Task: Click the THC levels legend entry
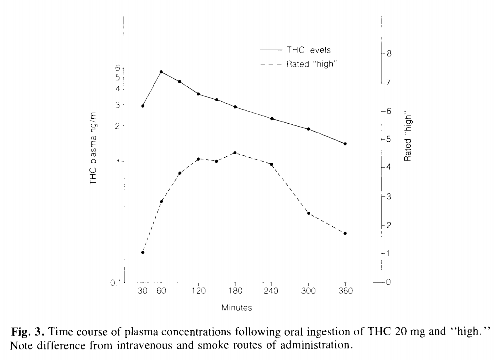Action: (x=308, y=50)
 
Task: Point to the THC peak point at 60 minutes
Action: (x=161, y=72)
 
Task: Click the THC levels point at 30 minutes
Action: (x=143, y=106)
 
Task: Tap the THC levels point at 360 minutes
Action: (x=345, y=144)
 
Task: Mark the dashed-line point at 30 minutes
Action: (x=143, y=252)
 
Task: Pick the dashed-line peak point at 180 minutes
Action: (x=235, y=153)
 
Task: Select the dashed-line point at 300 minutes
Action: (x=308, y=213)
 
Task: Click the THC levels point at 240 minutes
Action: (x=272, y=119)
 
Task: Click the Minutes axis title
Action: (x=238, y=308)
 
